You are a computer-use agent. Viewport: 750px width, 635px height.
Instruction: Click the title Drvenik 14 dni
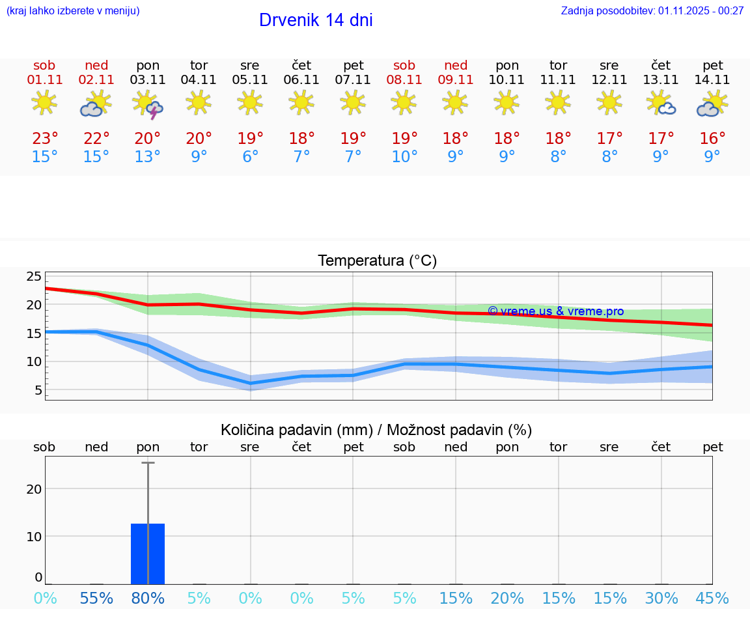point(316,20)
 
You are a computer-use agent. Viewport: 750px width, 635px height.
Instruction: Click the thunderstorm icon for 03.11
point(148,105)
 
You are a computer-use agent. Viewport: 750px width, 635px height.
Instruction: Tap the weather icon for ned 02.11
point(96,105)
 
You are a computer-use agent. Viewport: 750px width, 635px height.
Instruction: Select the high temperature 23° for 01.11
point(45,139)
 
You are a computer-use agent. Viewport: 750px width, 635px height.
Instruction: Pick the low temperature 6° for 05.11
point(251,157)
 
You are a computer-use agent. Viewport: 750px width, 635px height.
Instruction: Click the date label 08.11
point(404,80)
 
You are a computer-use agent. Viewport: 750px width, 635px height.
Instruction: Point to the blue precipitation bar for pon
point(148,554)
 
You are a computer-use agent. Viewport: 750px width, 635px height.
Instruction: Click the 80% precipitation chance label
point(148,599)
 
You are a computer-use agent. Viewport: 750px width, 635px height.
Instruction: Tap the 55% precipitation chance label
point(96,599)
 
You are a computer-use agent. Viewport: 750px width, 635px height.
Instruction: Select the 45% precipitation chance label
point(712,599)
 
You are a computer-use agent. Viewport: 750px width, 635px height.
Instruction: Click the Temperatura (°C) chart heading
point(377,261)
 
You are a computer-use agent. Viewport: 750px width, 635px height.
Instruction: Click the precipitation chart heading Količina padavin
point(376,430)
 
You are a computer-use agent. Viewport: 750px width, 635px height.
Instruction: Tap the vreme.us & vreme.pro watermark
point(555,311)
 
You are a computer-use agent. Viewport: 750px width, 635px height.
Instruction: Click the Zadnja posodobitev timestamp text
point(652,11)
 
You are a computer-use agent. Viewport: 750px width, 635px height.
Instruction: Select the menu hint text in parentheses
point(73,11)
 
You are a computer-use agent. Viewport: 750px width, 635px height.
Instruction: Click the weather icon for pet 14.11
point(712,105)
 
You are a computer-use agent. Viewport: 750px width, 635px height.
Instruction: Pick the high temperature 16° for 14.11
point(712,139)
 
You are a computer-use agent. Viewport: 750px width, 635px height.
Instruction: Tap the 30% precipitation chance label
point(661,599)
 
